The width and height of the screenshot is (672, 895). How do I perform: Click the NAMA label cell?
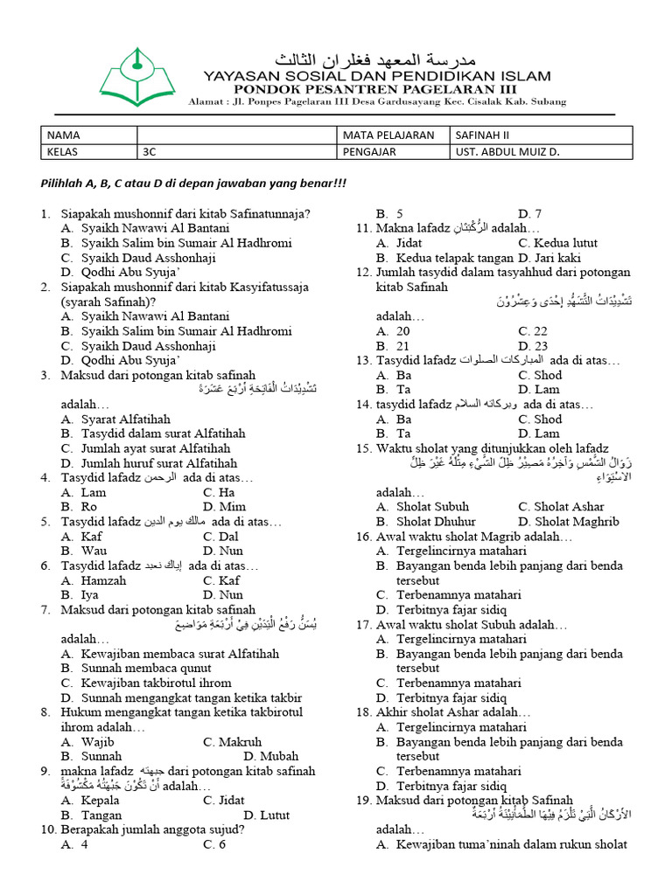click(88, 135)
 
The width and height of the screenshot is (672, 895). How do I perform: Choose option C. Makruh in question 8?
click(232, 741)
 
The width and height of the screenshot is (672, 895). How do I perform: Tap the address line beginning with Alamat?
click(377, 101)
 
